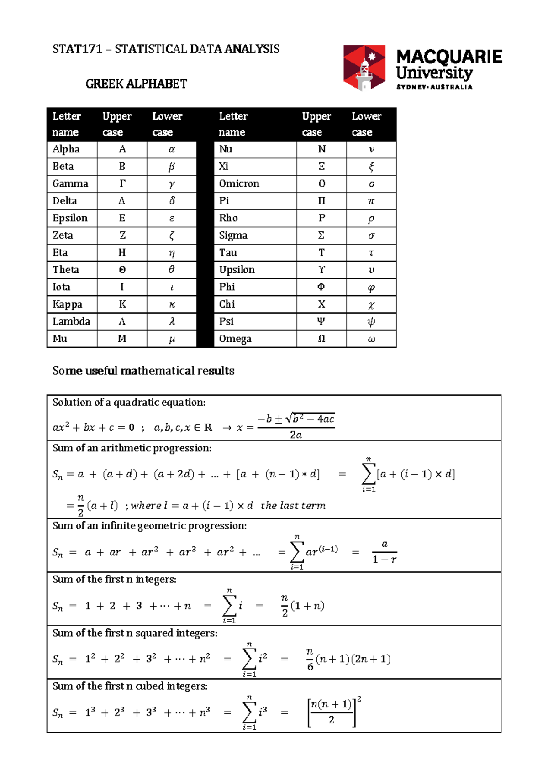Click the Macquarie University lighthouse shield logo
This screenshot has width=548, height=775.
tap(364, 68)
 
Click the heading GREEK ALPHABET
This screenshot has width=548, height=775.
tap(136, 84)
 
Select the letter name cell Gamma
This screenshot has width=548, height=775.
tap(70, 183)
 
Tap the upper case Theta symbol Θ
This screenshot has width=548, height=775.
tap(122, 270)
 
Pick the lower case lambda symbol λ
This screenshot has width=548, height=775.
tap(172, 321)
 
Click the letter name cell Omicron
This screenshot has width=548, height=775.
tap(239, 183)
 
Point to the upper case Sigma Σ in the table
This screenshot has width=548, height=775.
tap(321, 236)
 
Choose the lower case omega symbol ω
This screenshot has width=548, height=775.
tap(371, 339)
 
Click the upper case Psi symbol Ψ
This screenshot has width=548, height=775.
tap(321, 321)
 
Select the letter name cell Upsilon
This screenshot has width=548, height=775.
tap(237, 270)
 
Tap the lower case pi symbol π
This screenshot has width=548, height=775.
tap(371, 201)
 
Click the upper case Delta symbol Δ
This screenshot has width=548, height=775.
tap(122, 201)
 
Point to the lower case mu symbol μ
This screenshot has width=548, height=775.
tap(172, 339)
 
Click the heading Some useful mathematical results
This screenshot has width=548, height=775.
tap(143, 371)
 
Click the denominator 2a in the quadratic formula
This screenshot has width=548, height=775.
tap(296, 435)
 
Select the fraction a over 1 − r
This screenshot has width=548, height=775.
tap(385, 552)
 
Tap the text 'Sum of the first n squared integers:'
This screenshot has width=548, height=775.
tap(135, 633)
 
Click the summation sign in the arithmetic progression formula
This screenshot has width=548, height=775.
tap(368, 474)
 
